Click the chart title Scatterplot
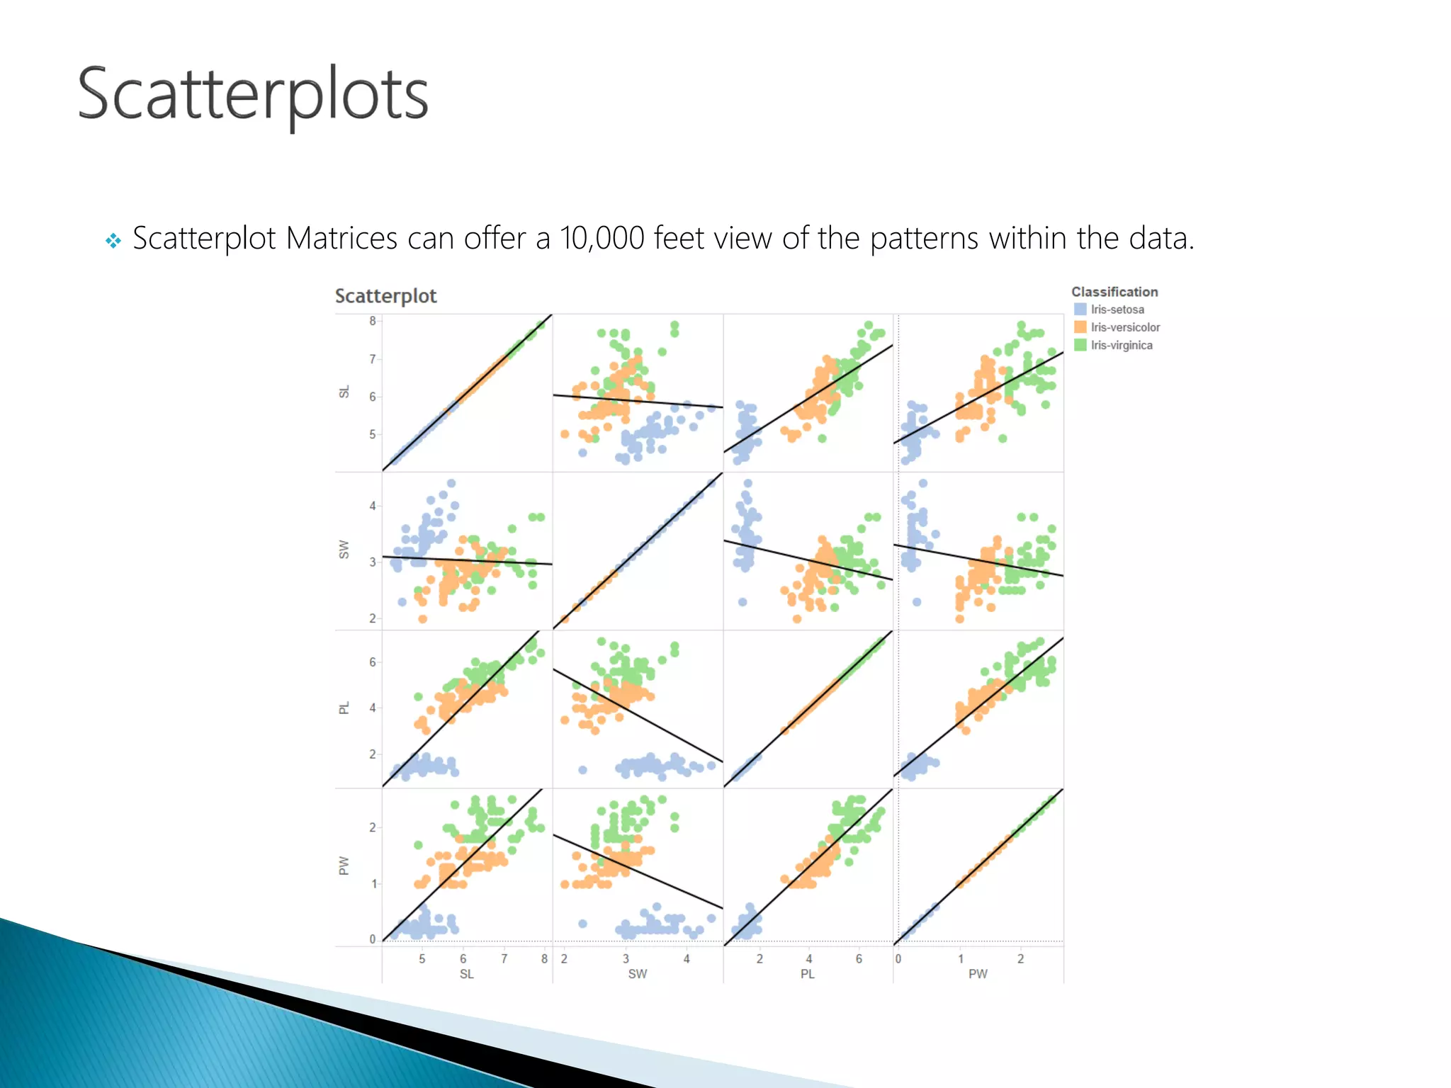tap(385, 296)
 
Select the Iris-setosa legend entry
tap(1117, 310)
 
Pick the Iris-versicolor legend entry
tap(1124, 327)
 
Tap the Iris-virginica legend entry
tap(1121, 345)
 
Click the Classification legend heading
tap(1114, 292)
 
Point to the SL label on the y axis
tap(344, 392)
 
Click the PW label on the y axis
tap(344, 866)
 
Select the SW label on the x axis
tap(637, 974)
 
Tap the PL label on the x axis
tap(807, 974)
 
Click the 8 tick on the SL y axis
tap(373, 321)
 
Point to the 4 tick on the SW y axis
tap(373, 506)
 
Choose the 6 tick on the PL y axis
tap(373, 662)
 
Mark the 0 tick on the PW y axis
tap(373, 939)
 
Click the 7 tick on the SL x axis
tap(504, 958)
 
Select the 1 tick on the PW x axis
tap(961, 958)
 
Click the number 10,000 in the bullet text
tap(602, 238)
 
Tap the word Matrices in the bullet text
tap(341, 238)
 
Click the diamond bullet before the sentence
tap(113, 241)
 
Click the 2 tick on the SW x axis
tap(564, 958)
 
